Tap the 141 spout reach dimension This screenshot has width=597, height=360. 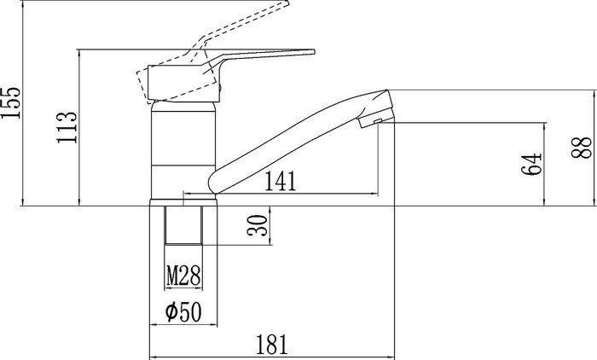282,180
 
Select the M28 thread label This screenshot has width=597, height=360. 183,276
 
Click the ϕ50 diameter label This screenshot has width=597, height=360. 183,312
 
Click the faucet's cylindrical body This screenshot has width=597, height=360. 183,149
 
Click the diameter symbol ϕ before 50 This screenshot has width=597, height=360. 171,312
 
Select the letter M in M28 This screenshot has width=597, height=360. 172,276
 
